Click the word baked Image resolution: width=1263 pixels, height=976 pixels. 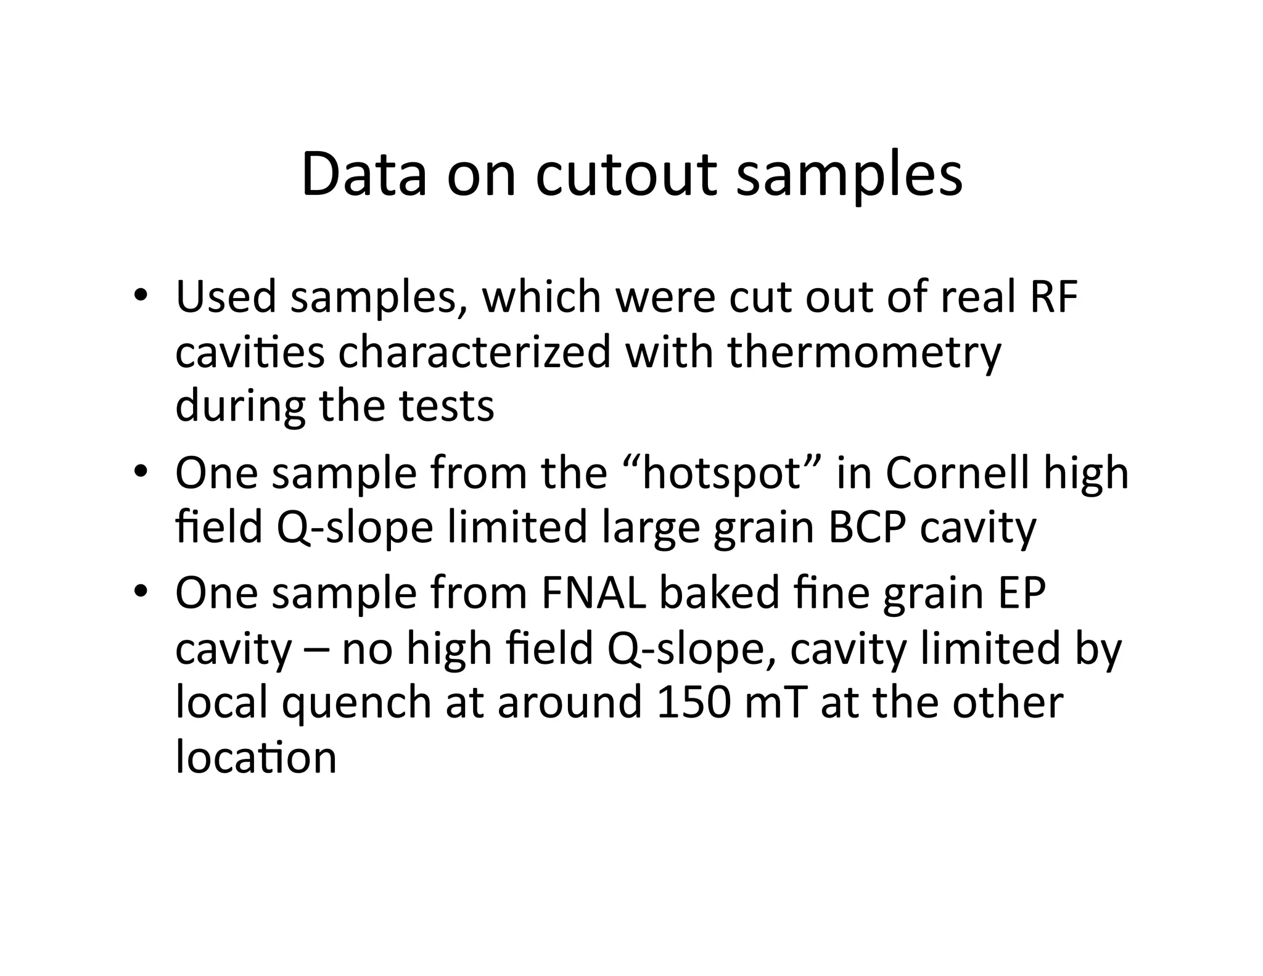[719, 593]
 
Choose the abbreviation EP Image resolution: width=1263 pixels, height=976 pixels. [1020, 593]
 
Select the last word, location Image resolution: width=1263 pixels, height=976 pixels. [256, 757]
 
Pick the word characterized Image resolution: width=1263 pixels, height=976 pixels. [474, 352]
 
